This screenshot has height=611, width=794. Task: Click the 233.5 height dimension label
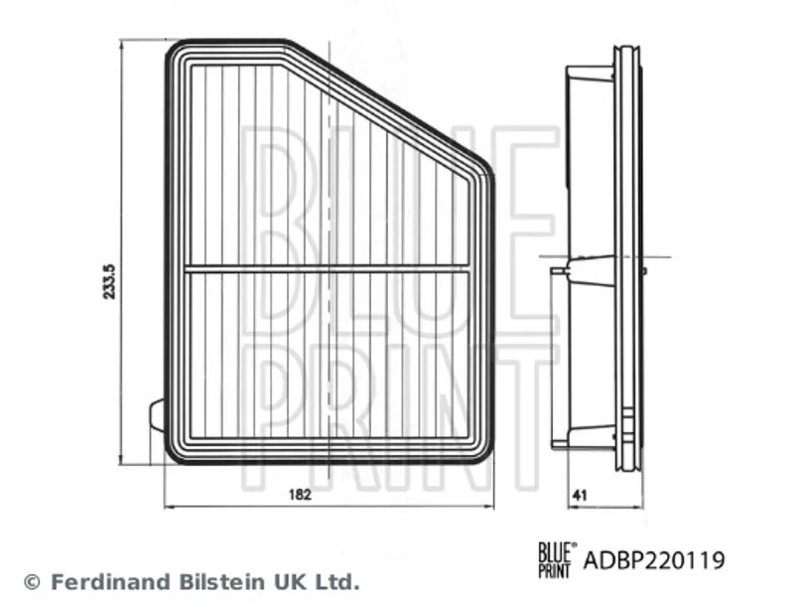110,281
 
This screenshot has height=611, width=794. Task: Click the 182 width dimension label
300,495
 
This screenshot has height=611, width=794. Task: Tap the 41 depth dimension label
580,495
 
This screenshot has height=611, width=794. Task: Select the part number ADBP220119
654,560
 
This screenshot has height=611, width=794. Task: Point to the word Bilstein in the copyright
218,581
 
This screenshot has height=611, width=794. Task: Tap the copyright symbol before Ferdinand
32,582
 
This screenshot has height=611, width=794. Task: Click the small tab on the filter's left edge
158,415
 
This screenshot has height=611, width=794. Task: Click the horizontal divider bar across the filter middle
328,268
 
